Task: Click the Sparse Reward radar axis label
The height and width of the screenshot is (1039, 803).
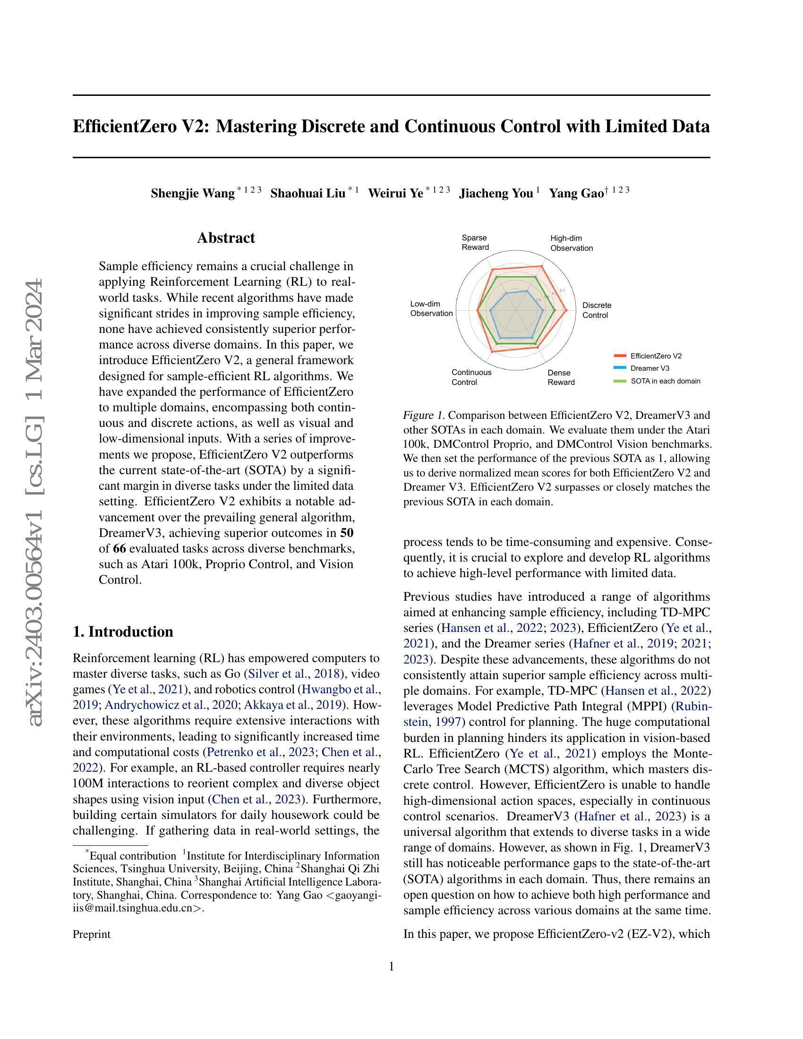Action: [x=475, y=242]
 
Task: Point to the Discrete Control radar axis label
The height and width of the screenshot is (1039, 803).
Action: [x=597, y=310]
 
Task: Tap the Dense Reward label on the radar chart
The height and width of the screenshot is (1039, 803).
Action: [x=560, y=377]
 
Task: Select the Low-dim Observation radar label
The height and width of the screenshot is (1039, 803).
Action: [x=431, y=308]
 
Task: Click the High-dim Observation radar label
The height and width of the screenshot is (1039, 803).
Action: [x=571, y=243]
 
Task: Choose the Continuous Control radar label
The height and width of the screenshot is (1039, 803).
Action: [x=471, y=377]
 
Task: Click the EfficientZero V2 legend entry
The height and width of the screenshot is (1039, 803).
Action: [x=656, y=356]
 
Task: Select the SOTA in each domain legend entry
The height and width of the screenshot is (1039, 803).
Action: [x=665, y=381]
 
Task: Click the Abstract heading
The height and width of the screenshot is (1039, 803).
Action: [x=226, y=238]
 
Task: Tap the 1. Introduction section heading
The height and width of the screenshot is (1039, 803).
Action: [x=123, y=631]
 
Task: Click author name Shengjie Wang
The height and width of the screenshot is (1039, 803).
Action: [x=192, y=194]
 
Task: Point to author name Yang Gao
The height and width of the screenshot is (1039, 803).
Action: [x=576, y=194]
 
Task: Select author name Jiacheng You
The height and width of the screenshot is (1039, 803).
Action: [x=495, y=194]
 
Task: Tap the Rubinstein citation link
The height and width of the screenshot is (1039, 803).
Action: [x=692, y=706]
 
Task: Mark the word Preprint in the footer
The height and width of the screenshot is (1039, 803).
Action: [x=91, y=934]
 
